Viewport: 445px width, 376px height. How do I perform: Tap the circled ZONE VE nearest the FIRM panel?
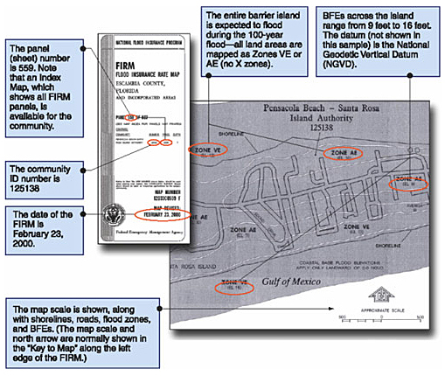coord(210,150)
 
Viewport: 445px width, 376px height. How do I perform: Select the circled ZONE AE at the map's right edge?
coord(411,181)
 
